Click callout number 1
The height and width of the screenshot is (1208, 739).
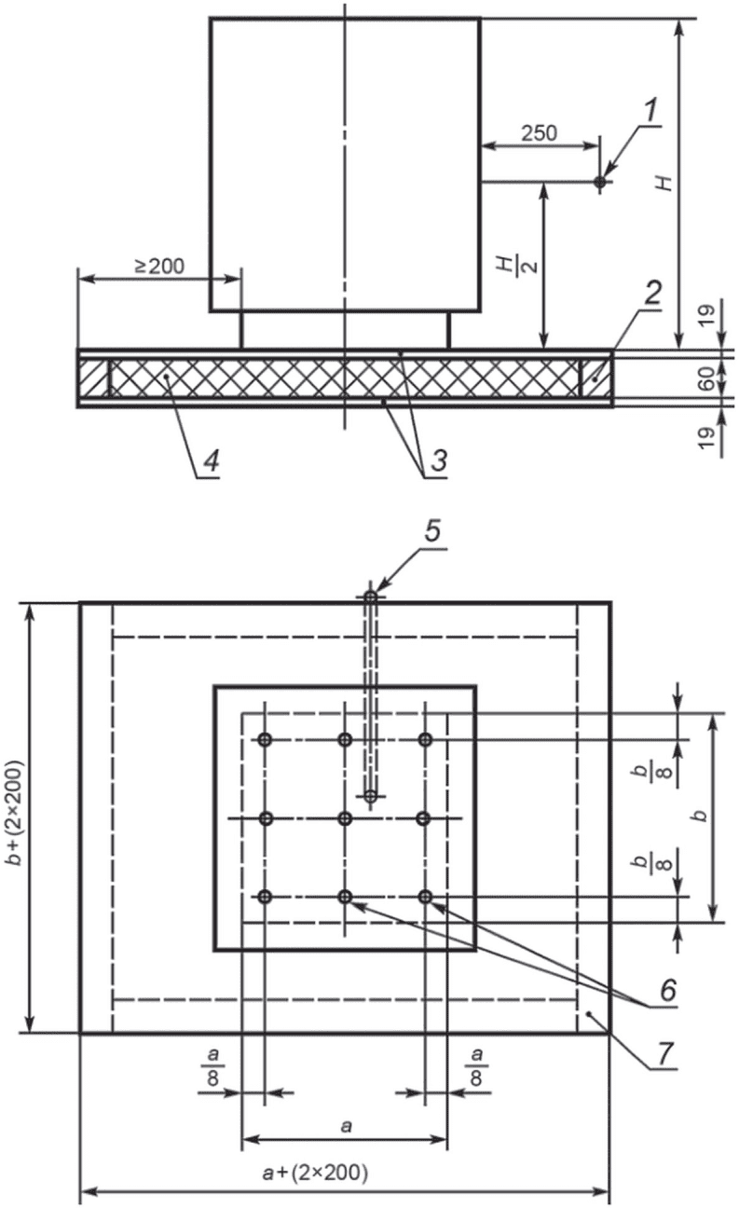click(x=651, y=112)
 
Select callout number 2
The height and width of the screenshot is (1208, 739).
click(x=651, y=295)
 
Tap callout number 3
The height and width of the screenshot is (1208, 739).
click(x=439, y=462)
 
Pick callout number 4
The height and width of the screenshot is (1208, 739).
click(x=212, y=462)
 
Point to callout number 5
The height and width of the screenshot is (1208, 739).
click(x=432, y=531)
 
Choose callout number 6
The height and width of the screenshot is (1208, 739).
click(x=668, y=990)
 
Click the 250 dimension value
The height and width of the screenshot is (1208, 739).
click(x=540, y=133)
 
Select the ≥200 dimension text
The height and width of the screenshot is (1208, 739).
click(x=159, y=267)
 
